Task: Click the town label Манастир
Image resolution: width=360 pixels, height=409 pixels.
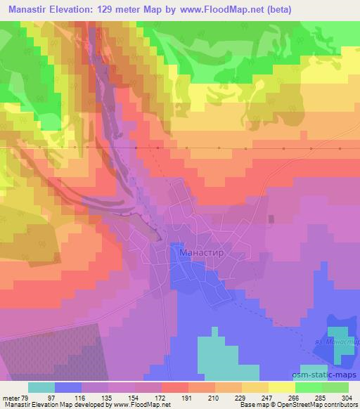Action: (203, 251)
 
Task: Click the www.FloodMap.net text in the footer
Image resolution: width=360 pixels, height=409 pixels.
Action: (145, 405)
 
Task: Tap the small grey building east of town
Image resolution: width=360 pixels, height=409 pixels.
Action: (271, 219)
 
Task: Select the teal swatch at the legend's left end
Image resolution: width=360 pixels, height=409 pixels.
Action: (41, 387)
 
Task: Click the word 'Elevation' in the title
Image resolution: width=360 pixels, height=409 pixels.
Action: (70, 9)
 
